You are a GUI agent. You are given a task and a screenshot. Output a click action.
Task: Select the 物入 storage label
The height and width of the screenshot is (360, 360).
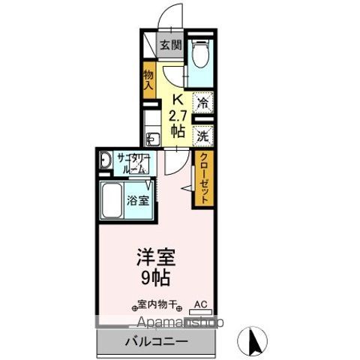[x=148, y=80]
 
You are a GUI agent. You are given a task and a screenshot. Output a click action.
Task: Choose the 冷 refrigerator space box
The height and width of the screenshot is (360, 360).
[x=202, y=104]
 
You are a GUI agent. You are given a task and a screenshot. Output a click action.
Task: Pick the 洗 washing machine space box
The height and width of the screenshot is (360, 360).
[x=202, y=136]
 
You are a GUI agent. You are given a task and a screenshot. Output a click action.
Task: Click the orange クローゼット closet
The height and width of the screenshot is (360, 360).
[x=202, y=178]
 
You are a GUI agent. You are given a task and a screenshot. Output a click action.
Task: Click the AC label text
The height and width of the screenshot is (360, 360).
[x=200, y=304]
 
